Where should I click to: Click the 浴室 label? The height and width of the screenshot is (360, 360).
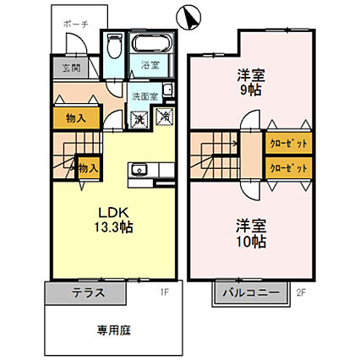click(150, 64)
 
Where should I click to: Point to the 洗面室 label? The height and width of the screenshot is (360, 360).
click(145, 95)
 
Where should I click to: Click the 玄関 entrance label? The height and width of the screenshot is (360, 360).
click(68, 68)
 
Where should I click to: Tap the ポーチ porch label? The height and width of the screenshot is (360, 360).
click(81, 25)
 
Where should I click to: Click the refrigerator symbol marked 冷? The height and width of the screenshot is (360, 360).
click(166, 117)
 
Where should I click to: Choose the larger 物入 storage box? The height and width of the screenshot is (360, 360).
click(76, 117)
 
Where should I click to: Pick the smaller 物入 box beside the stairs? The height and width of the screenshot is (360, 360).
click(88, 168)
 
